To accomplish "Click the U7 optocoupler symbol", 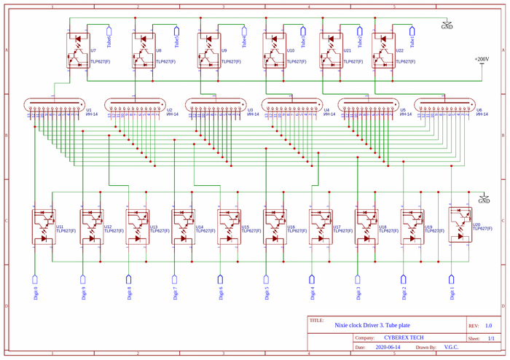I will (78, 50).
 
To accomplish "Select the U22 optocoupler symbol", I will (383, 50).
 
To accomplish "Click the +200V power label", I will (482, 59).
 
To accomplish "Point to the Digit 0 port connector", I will (35, 281).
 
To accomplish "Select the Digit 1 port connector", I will (452, 281).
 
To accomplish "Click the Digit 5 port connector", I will (266, 281).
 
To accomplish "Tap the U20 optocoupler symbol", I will (460, 225).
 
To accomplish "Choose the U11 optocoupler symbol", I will (44, 227).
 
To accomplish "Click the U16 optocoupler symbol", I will (275, 227).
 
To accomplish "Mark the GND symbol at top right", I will (447, 25).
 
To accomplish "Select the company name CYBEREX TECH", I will (403, 338).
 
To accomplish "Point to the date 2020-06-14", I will (388, 348).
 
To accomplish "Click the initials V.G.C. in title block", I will (451, 348).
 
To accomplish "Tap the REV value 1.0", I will (488, 326).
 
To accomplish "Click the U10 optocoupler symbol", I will (275, 50).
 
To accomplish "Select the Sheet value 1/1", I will (490, 338).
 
